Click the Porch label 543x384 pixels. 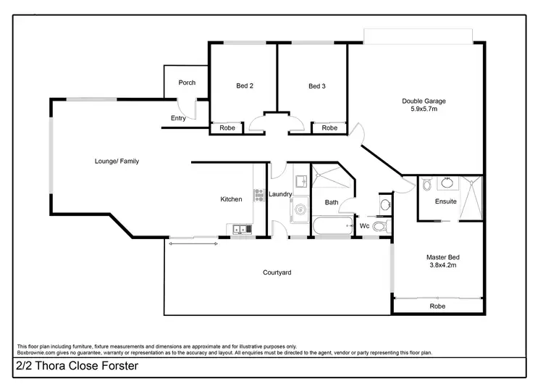click(187, 83)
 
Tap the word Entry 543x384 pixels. click(178, 118)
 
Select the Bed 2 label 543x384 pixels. click(245, 86)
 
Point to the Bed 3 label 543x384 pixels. click(317, 86)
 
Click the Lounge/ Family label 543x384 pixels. click(117, 161)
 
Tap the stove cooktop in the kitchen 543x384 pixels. click(259, 194)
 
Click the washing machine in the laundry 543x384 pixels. click(300, 212)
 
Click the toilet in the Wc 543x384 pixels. click(382, 227)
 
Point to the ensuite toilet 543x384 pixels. click(427, 183)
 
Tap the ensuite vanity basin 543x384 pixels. click(447, 181)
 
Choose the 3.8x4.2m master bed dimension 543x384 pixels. click(442, 266)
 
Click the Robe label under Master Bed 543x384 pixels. click(437, 306)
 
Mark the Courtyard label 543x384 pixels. click(277, 272)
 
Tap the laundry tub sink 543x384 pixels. click(300, 180)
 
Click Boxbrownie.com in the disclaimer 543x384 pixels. click(36, 353)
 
